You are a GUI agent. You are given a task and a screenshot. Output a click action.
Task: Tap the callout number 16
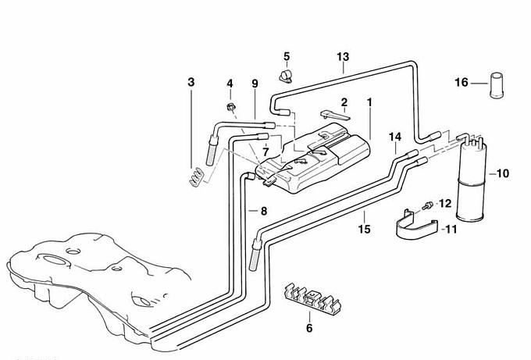[462, 82]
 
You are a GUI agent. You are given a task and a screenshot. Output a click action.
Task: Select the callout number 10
[502, 173]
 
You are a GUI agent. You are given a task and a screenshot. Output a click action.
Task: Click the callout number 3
[191, 81]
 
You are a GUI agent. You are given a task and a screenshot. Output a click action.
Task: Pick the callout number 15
[363, 229]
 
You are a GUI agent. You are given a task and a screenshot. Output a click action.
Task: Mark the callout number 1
[369, 102]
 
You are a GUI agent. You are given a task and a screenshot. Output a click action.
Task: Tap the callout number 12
[445, 203]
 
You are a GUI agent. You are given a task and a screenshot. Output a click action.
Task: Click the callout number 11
[450, 229]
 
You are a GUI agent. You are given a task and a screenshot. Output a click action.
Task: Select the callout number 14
[395, 137]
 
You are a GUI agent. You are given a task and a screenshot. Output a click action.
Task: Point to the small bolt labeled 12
[427, 205]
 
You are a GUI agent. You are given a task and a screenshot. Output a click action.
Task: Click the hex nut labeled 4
[231, 105]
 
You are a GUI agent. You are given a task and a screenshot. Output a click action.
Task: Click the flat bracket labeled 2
[334, 115]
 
